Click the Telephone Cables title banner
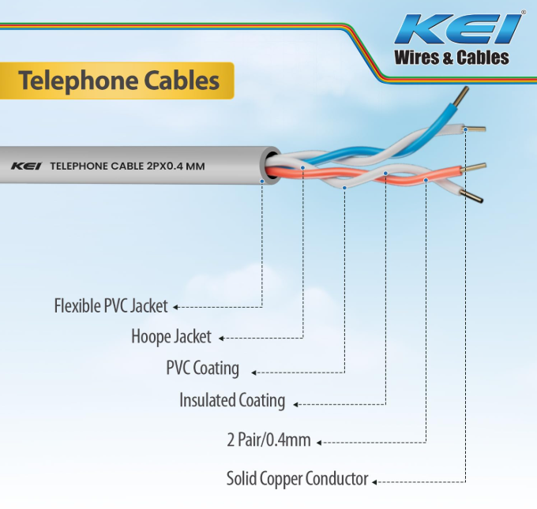coord(117,80)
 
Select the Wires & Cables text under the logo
coord(452,58)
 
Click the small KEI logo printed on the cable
coord(26,167)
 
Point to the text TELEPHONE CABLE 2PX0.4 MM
coord(127,167)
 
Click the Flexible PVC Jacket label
coord(111,306)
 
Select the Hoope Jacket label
coord(171,336)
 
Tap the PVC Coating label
coord(202,368)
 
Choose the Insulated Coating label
coord(232,400)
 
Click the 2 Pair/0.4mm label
coord(268,440)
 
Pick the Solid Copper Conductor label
coord(297,478)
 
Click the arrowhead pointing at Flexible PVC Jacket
coord(175,308)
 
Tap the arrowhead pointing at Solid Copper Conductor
coord(374,482)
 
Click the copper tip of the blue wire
coord(462,95)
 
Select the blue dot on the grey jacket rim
coord(262,181)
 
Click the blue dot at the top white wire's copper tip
coord(465,129)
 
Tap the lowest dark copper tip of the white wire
coord(471,196)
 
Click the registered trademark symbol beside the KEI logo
coord(524,13)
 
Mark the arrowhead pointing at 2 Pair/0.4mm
coord(319,443)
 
